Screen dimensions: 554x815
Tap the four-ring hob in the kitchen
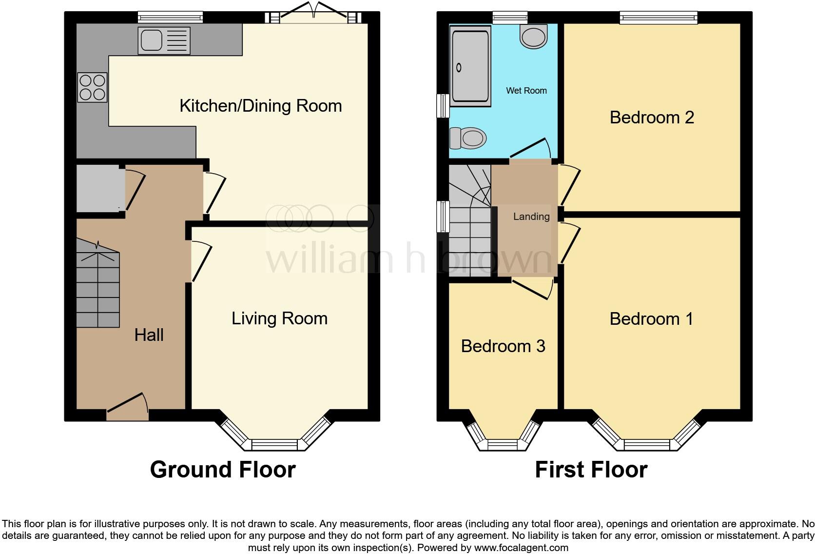93,87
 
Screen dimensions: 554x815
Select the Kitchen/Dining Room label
260,106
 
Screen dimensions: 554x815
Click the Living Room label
279,318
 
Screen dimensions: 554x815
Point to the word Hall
149,335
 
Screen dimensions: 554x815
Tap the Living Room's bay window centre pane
274,444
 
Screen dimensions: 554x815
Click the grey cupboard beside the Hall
99,189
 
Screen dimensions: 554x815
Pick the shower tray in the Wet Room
470,66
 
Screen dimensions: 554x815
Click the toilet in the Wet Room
468,138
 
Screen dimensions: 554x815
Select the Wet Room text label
526,91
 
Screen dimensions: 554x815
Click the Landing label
531,217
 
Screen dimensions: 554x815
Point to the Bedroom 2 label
651,118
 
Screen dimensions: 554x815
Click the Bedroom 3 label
503,346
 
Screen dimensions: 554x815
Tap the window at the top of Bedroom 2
659,18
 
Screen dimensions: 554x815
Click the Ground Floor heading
223,470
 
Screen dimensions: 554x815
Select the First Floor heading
591,470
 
